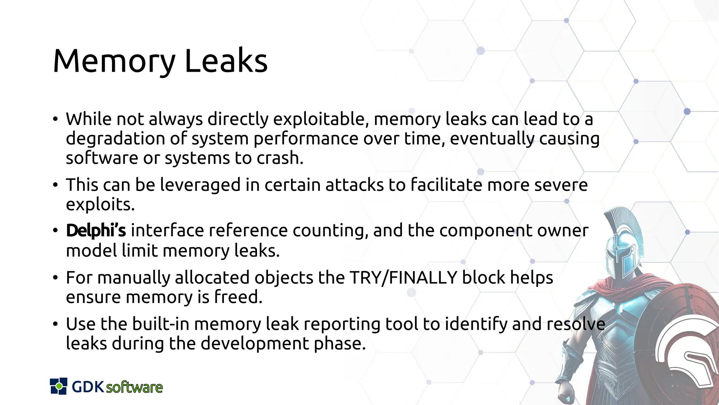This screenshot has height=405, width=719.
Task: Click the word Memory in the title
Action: [x=114, y=62]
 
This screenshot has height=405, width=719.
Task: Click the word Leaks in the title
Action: [x=226, y=62]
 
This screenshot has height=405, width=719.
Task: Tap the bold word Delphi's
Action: [x=96, y=231]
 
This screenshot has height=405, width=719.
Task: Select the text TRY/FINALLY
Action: [x=403, y=278]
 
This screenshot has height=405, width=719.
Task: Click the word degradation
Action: [x=115, y=139]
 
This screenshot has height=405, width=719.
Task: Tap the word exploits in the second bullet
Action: [x=100, y=205]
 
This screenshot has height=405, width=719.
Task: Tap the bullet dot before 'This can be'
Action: [x=55, y=185]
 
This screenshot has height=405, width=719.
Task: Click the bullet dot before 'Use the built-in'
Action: [x=55, y=324]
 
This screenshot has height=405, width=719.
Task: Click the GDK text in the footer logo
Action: [x=88, y=387]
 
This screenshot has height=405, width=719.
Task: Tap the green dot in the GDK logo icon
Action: [x=59, y=386]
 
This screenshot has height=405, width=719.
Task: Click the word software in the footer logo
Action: [x=134, y=387]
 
